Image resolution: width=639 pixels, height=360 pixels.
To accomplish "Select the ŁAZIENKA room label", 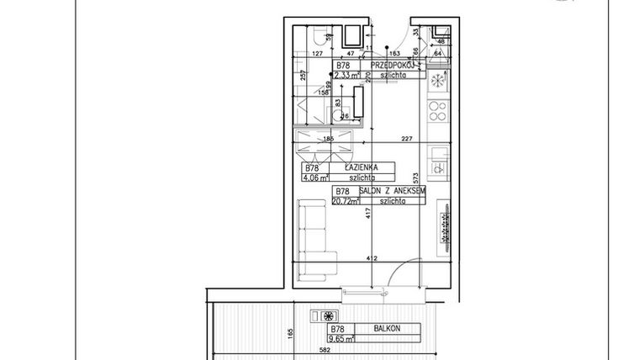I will [359, 167].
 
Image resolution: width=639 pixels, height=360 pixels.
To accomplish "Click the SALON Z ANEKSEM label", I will [392, 192].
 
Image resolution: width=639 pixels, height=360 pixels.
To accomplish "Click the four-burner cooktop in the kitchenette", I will [437, 109].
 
